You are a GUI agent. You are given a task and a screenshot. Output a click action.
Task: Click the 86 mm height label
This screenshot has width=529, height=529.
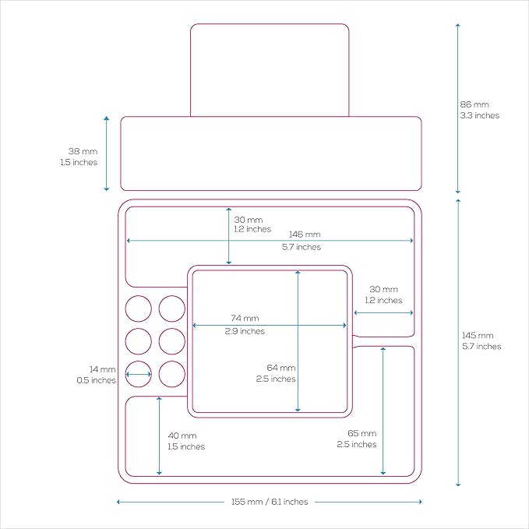tap(474, 104)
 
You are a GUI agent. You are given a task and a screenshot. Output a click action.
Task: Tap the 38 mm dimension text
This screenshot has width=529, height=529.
tap(83, 151)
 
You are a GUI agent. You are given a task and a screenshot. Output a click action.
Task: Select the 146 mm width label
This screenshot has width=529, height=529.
tap(305, 235)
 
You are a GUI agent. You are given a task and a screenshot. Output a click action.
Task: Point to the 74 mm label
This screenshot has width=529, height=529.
tap(245, 318)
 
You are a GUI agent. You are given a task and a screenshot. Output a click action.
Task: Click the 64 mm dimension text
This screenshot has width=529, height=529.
tap(281, 368)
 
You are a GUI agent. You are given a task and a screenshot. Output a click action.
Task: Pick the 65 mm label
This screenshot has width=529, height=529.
tap(362, 433)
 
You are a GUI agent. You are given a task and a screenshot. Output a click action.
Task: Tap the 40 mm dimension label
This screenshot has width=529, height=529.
tap(182, 436)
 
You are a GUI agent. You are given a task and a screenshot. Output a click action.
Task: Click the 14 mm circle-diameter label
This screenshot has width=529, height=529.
tap(103, 369)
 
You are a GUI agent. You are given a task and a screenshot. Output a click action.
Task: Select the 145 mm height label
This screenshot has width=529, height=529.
tap(478, 335)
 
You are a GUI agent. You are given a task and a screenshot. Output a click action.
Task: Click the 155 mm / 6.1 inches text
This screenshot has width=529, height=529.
tap(270, 502)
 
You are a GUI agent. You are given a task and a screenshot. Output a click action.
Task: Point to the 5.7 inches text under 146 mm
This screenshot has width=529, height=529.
tap(302, 247)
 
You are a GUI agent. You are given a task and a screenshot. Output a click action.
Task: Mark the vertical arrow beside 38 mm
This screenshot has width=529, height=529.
tap(106, 153)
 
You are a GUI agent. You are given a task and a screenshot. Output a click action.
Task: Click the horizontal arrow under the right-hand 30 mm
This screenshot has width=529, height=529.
tap(383, 312)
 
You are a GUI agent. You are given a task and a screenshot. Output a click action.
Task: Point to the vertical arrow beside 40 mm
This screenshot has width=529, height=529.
tap(159, 436)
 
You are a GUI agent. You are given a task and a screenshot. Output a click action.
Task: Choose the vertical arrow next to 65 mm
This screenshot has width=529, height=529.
tap(383, 411)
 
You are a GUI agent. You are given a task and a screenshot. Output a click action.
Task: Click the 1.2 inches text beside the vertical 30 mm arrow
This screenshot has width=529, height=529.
tap(252, 229)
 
